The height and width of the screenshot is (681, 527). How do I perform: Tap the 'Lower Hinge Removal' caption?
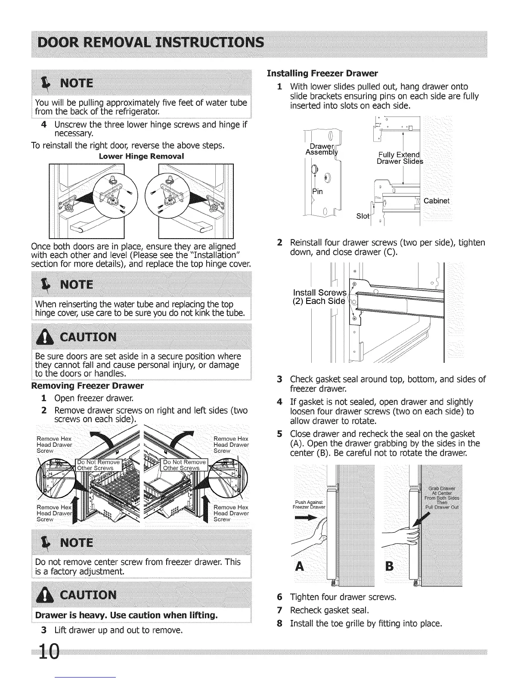(141, 156)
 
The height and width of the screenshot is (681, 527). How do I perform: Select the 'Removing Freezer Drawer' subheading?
(87, 386)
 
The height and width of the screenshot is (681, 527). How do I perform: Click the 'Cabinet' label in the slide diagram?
(437, 201)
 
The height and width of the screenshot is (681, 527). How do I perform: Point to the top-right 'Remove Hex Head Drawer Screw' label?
(231, 445)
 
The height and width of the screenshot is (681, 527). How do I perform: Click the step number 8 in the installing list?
(280, 623)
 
